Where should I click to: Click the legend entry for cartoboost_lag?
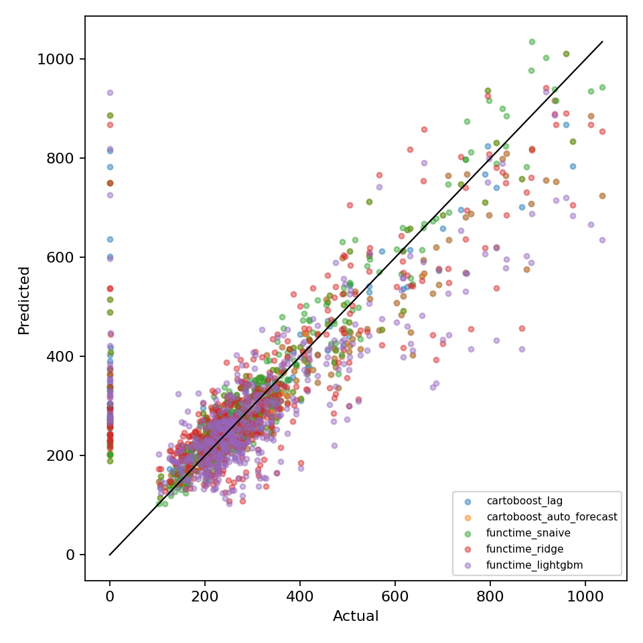pos(524,501)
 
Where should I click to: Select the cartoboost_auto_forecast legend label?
pos(552,516)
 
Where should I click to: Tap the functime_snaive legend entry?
pos(528,532)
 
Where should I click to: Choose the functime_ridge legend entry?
pos(525,549)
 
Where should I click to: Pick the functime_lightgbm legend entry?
pos(534,565)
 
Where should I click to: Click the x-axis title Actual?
pos(356,616)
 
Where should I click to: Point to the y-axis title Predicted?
pos(24,301)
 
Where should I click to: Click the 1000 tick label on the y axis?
pos(56,59)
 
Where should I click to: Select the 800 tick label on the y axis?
pos(60,158)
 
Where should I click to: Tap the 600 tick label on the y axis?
pos(60,257)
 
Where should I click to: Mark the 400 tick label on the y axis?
pos(60,356)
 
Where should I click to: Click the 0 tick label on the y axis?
pos(70,555)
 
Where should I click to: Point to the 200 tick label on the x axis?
pos(205,596)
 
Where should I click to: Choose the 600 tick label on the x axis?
pos(395,596)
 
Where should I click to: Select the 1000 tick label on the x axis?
pos(585,596)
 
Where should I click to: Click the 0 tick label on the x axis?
pos(109,596)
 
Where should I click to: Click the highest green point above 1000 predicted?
pos(532,42)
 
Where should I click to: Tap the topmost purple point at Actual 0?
pos(110,92)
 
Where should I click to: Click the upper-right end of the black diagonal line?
pos(602,42)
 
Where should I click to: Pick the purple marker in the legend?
pos(468,565)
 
